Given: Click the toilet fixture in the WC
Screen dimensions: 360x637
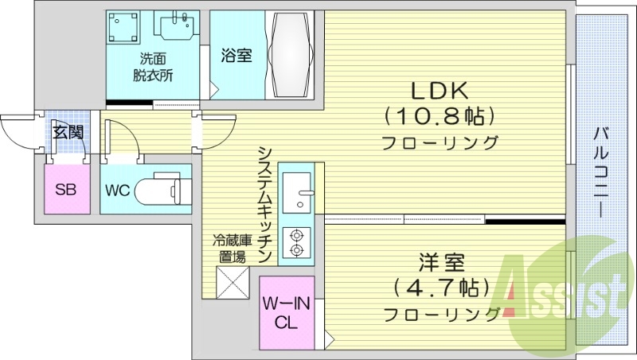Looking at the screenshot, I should [x=159, y=191].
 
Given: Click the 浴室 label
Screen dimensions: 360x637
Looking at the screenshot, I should [x=236, y=55].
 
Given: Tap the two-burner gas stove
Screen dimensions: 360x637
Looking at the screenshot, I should [x=298, y=242].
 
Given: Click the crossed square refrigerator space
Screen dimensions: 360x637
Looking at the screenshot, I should [x=233, y=282].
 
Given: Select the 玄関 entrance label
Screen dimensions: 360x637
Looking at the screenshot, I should [x=67, y=131].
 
